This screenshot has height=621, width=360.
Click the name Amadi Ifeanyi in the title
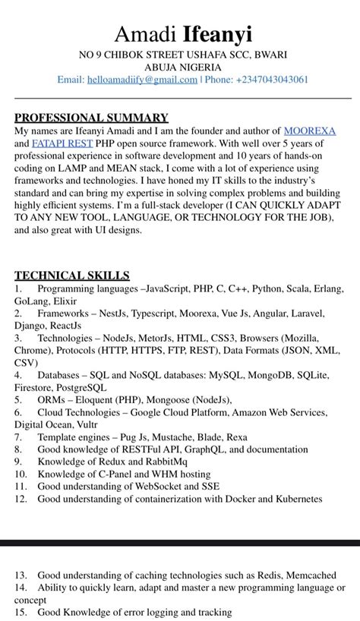point(183,34)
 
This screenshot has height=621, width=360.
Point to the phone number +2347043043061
point(273,80)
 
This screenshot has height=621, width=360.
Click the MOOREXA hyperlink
point(309,131)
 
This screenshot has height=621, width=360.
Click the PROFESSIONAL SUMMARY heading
point(91,118)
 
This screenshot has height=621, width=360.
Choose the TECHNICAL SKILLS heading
point(72,276)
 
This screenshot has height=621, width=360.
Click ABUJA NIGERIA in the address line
point(183,67)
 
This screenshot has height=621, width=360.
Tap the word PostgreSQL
point(79,387)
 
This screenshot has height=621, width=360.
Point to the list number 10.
point(21,474)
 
